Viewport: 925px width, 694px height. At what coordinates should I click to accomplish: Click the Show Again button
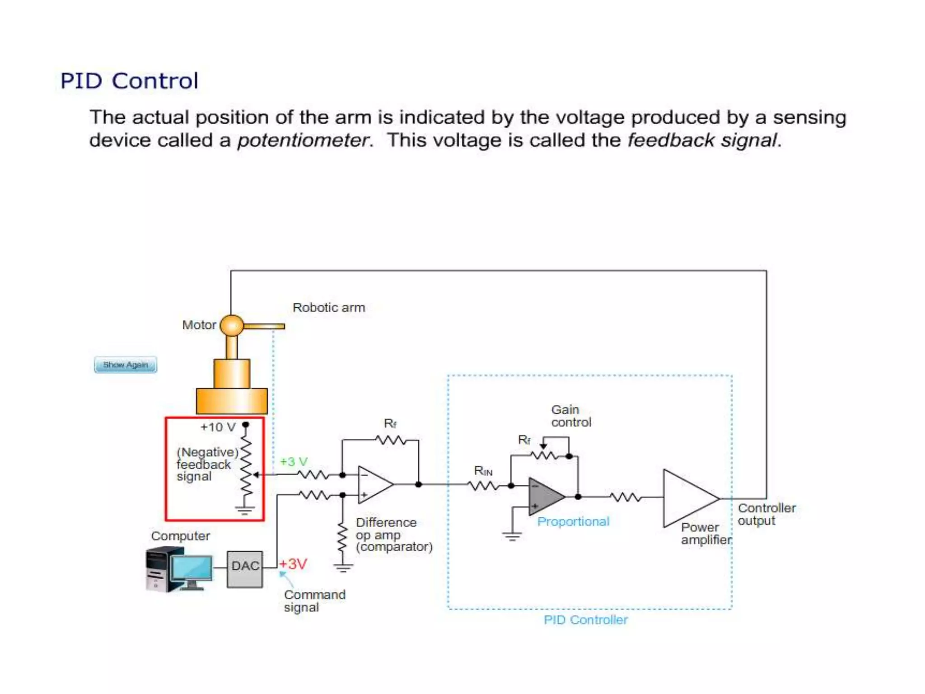(126, 365)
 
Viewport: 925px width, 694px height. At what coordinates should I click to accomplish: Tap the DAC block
(245, 569)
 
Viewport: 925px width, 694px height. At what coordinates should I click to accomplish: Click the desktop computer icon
(179, 569)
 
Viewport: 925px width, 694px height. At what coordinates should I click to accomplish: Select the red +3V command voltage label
(294, 564)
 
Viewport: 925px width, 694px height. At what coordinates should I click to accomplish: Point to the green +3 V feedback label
(294, 462)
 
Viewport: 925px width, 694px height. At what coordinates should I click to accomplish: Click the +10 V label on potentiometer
(218, 427)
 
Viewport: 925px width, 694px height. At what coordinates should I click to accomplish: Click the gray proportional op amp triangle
(544, 497)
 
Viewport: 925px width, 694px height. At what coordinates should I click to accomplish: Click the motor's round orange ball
(232, 325)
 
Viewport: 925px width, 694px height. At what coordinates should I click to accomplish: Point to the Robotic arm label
(329, 308)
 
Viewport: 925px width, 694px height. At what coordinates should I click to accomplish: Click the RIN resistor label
(483, 471)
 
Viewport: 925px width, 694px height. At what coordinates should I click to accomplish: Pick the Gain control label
(571, 416)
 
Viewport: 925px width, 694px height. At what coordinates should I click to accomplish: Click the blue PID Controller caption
(585, 620)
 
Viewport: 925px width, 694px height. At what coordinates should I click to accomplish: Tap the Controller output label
(766, 514)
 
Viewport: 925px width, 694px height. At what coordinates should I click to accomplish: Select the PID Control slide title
(129, 81)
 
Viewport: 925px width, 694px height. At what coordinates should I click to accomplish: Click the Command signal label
(314, 601)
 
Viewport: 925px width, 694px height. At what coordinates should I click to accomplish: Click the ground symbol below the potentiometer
(245, 511)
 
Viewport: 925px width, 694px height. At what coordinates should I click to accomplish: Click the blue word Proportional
(573, 522)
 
